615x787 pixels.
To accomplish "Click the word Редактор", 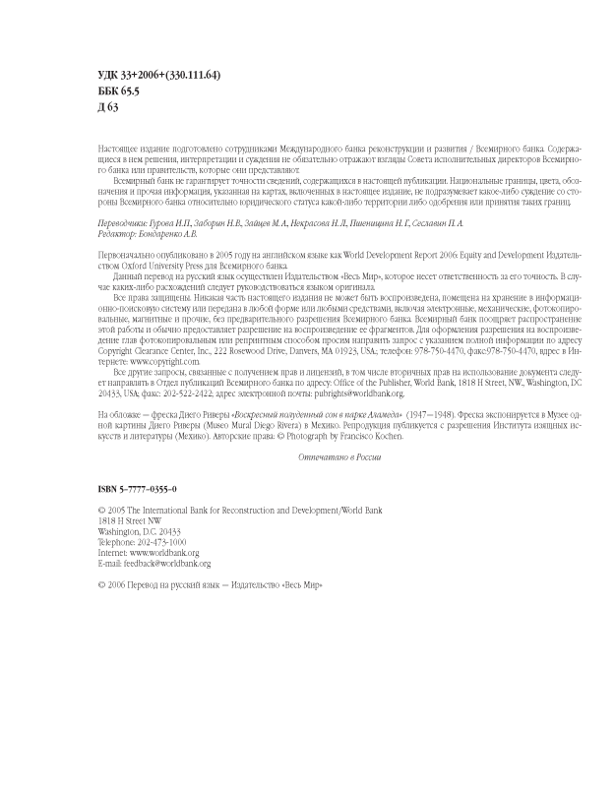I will pos(120,234).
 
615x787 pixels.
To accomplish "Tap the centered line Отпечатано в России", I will pos(338,457).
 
